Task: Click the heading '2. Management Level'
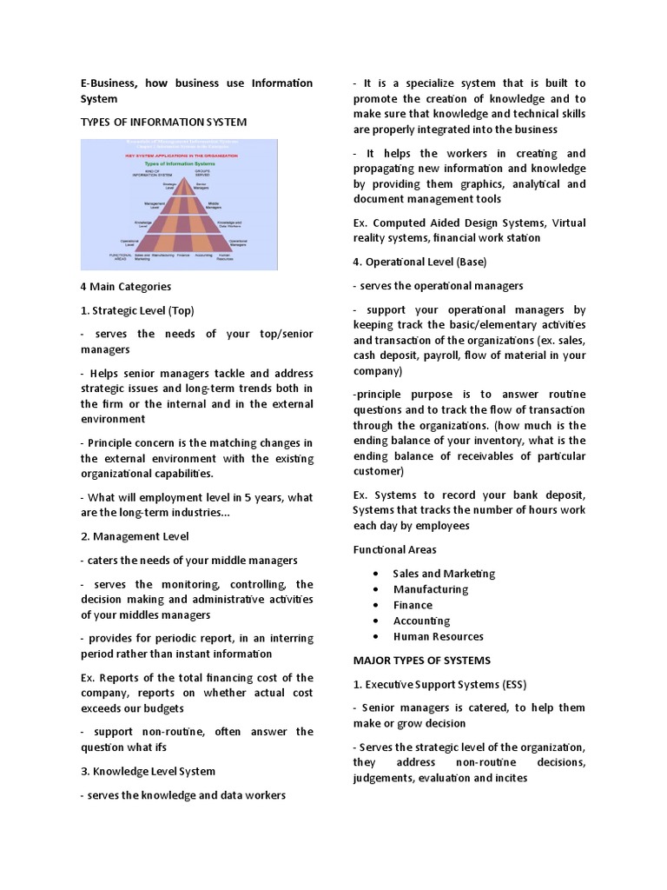(x=134, y=536)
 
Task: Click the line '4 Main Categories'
(x=125, y=286)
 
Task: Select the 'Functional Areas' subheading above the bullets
(x=394, y=549)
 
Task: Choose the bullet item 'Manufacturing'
(x=430, y=589)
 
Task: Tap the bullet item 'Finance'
(x=413, y=605)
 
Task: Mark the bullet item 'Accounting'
(x=421, y=621)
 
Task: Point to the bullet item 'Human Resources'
(x=438, y=636)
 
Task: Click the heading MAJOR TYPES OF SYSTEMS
(x=421, y=660)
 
